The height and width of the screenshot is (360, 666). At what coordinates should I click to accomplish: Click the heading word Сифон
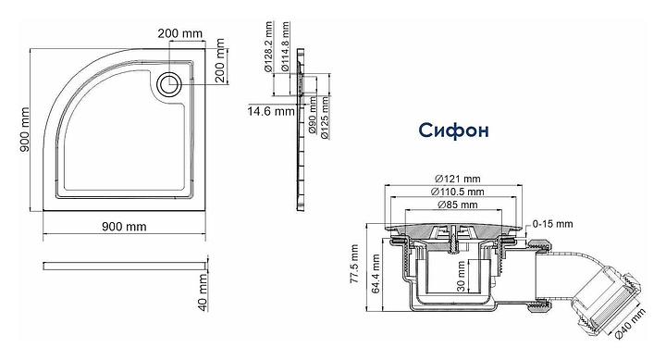453,130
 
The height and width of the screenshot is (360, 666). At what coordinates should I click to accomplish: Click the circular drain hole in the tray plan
169,83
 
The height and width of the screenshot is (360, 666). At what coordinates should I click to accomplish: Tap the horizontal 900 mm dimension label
124,227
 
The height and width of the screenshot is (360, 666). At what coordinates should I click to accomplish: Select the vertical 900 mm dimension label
25,130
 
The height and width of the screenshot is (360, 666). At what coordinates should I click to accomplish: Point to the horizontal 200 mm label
180,33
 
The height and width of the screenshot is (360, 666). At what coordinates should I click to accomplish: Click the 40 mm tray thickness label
203,292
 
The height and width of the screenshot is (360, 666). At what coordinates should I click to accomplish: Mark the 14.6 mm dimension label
271,111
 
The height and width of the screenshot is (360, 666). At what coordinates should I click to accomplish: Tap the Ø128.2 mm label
268,47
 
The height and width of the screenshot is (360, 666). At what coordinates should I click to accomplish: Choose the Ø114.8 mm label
285,47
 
